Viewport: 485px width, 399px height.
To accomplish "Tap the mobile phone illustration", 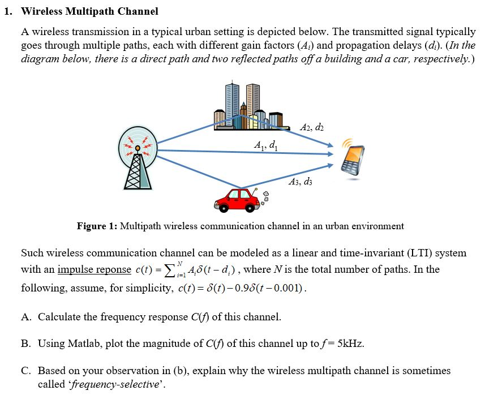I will [x=354, y=160].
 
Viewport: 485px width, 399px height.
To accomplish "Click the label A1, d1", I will [x=266, y=145].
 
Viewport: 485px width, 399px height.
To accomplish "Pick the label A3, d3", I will [x=299, y=182].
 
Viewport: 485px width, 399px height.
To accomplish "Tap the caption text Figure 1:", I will [x=97, y=226].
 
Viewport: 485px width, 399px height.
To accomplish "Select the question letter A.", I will [x=25, y=316].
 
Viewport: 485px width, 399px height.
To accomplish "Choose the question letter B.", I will [x=25, y=344].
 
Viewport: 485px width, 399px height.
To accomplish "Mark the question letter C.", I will [x=25, y=371].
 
